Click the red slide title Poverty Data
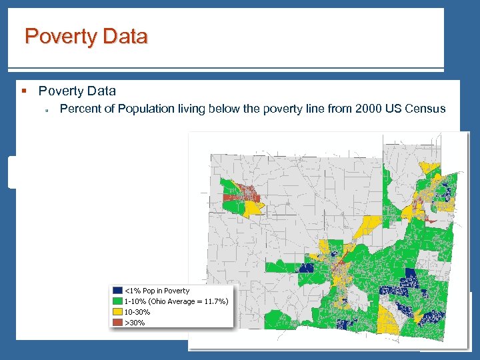tap(86, 37)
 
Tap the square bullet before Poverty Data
tap(24, 91)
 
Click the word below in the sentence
tap(225, 109)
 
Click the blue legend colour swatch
tap(117, 291)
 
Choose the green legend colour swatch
tap(117, 301)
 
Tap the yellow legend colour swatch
tap(117, 312)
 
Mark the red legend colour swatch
tap(117, 323)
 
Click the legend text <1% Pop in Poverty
tap(157, 291)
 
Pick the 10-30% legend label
tap(137, 312)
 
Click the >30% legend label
tap(135, 323)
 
